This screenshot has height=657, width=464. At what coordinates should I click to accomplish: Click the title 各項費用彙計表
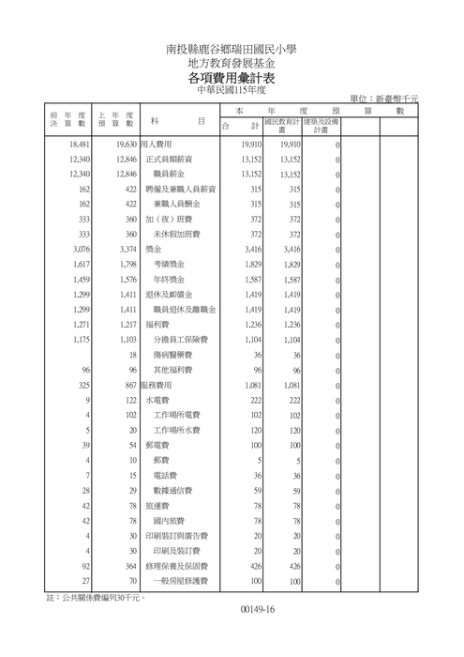[x=232, y=78]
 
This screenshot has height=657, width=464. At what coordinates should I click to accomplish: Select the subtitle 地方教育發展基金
[x=232, y=62]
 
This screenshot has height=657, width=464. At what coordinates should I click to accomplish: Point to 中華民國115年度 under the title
[x=232, y=91]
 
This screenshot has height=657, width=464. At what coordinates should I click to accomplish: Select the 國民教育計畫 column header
[x=281, y=126]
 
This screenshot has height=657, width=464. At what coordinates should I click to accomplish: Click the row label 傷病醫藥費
[x=172, y=355]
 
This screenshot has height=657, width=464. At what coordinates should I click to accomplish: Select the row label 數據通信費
[x=172, y=490]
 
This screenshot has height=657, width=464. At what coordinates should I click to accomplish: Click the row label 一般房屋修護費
[x=178, y=580]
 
